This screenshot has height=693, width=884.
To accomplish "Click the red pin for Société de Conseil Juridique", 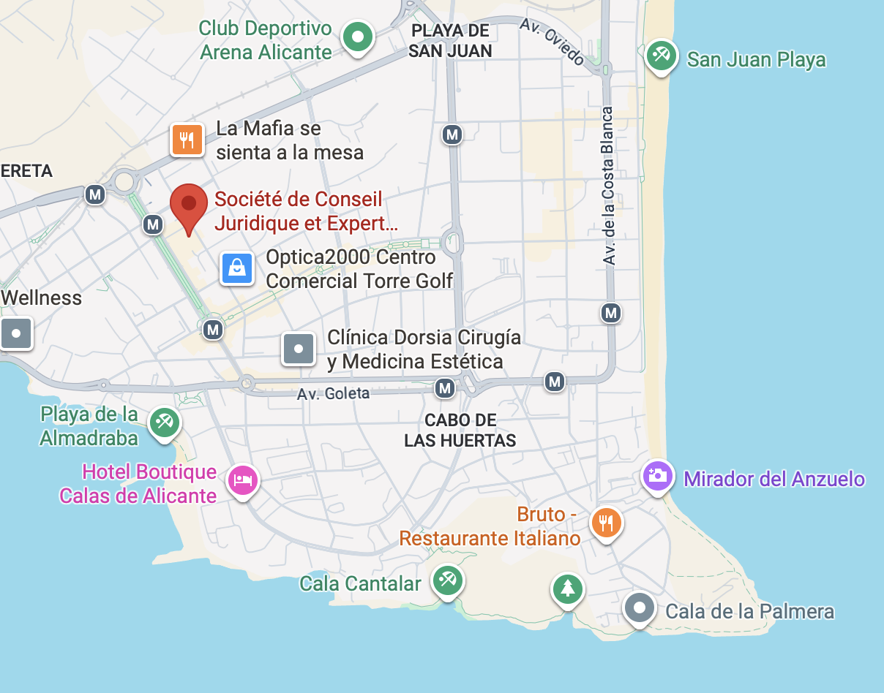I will point(189,205).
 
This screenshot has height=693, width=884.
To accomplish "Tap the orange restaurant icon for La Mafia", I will point(187,140).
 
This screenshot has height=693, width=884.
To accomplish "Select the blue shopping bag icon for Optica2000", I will point(238,268).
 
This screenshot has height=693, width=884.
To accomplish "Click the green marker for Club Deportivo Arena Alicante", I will point(358,37).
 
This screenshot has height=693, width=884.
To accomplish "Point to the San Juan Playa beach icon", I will point(662,56).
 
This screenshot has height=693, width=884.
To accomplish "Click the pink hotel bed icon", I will point(243,480).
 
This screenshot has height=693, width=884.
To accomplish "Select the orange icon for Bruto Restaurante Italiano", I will point(606,523).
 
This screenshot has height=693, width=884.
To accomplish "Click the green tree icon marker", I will point(567,588).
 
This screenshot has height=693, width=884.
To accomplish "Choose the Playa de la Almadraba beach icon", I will point(165,423).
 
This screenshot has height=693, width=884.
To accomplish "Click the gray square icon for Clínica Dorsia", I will point(299,349).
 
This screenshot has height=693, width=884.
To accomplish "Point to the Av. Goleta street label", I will point(333,393).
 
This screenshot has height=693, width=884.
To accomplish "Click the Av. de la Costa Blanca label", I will point(607,186).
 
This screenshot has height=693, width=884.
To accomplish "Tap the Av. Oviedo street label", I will point(552,41).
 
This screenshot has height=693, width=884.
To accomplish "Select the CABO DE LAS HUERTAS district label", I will point(460,431).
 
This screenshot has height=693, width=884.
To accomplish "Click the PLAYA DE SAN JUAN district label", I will point(450,41).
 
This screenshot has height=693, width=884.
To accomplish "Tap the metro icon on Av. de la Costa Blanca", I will point(610,314).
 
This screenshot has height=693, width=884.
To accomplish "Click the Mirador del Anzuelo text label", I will point(774,479).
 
